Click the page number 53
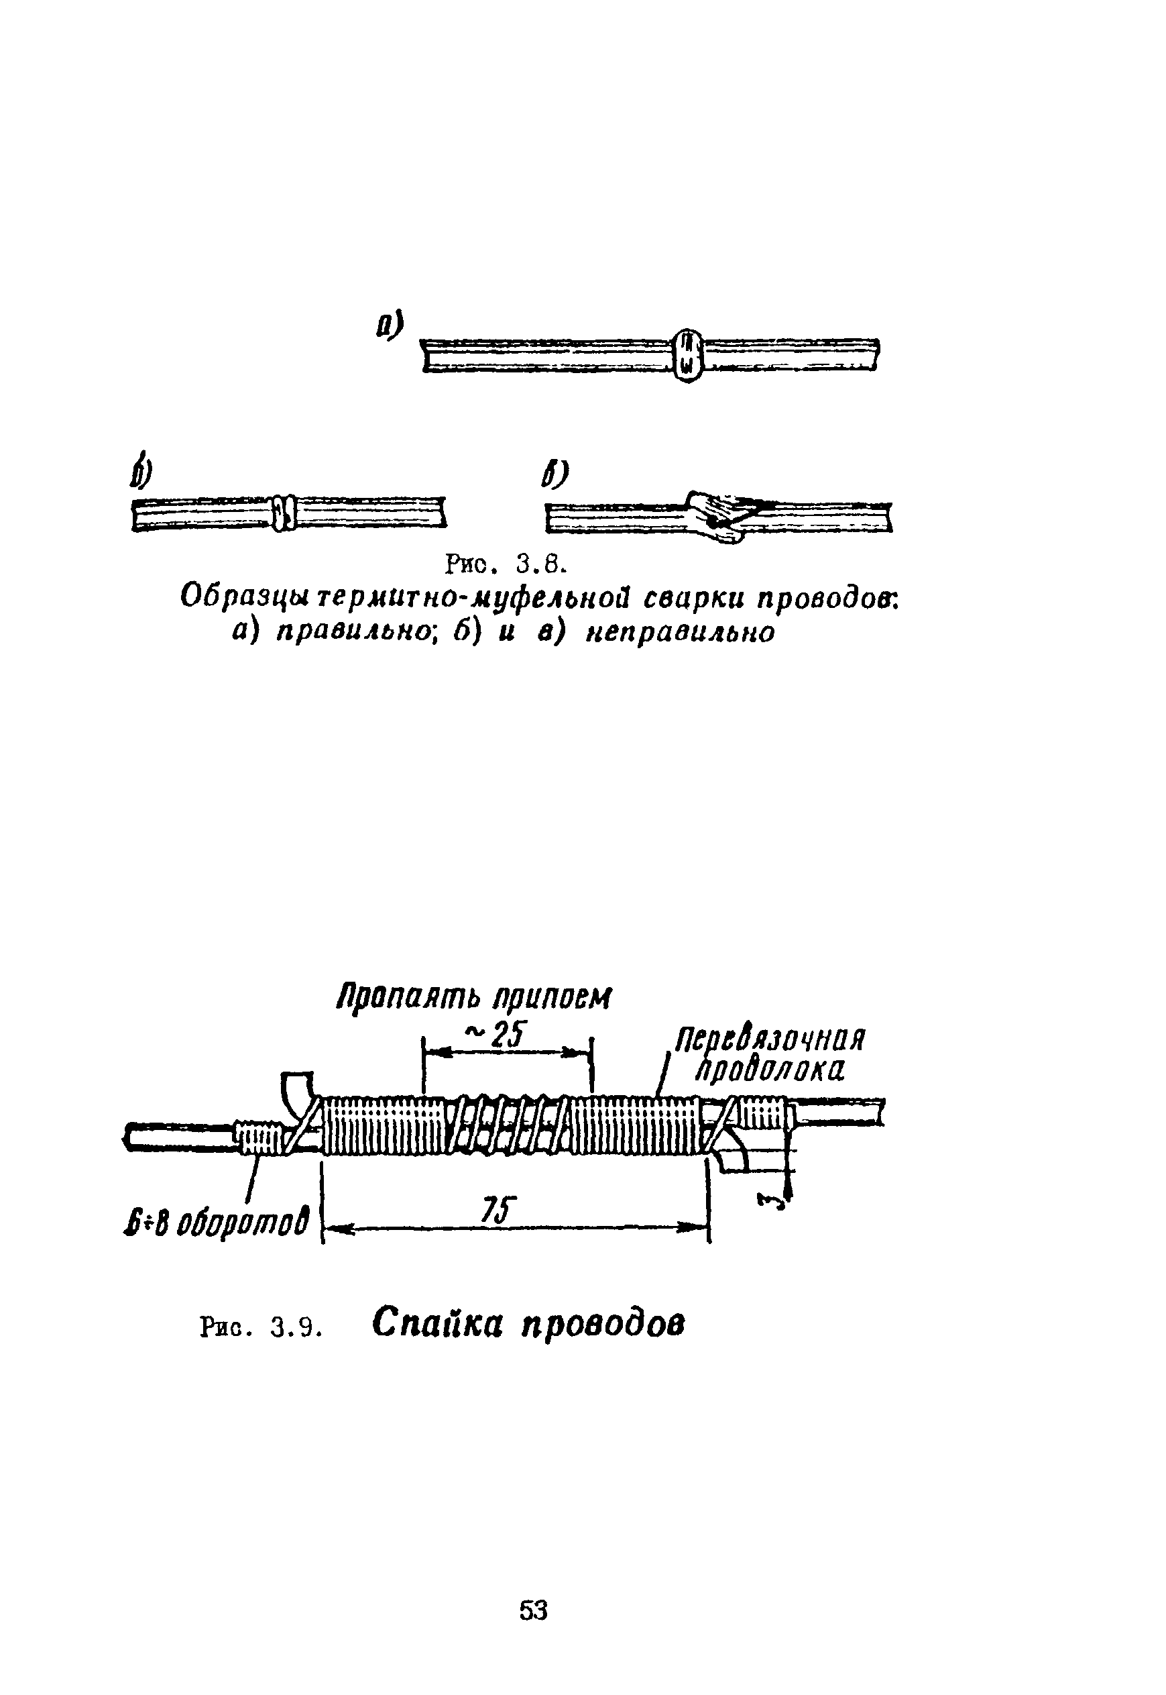(x=533, y=1610)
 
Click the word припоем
(x=552, y=998)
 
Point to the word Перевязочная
(x=769, y=1038)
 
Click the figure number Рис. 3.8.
(x=506, y=564)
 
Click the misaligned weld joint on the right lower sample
(x=716, y=515)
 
